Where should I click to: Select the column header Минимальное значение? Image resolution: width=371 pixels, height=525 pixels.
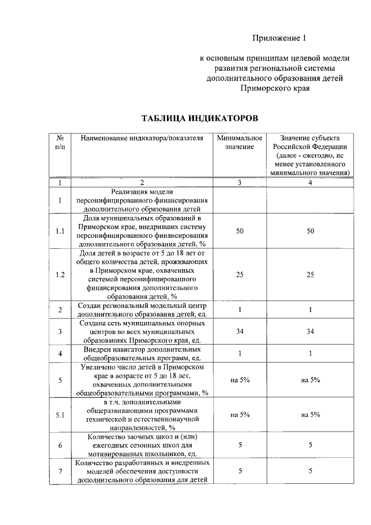239,143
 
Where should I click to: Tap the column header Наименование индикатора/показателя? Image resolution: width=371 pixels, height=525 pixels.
142,139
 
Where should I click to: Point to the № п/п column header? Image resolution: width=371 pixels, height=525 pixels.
60,143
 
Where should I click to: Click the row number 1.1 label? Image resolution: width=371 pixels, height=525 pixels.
60,231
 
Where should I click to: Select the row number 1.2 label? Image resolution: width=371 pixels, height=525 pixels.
60,274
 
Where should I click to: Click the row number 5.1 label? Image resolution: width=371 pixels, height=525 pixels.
60,415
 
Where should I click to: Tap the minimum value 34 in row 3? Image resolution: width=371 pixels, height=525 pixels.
239,331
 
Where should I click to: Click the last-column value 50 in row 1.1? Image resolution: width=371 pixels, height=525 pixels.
311,231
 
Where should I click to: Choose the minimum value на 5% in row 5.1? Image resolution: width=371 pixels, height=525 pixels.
239,415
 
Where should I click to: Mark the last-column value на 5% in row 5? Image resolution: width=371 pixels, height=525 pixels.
311,380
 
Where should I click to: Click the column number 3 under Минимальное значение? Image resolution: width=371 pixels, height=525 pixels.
239,183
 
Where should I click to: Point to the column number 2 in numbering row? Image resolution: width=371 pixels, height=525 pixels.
142,183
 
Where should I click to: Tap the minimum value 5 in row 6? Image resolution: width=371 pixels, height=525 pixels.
239,445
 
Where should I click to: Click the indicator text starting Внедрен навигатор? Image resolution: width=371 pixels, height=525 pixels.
142,354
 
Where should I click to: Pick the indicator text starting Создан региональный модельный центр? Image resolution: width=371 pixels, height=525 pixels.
142,310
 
